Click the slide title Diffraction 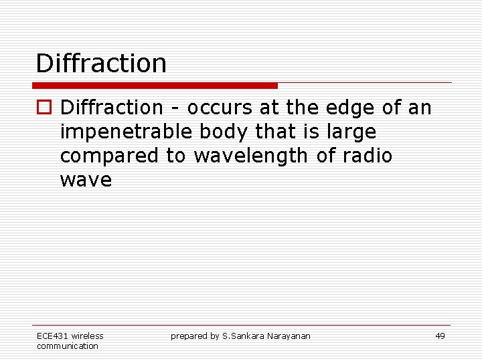pyautogui.click(x=101, y=64)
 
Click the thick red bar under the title pyautogui.click(x=155, y=86)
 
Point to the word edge pyautogui.click(x=343, y=108)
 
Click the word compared pyautogui.click(x=108, y=156)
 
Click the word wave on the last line pyautogui.click(x=86, y=180)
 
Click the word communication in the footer pyautogui.click(x=67, y=346)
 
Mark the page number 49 pyautogui.click(x=440, y=336)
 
